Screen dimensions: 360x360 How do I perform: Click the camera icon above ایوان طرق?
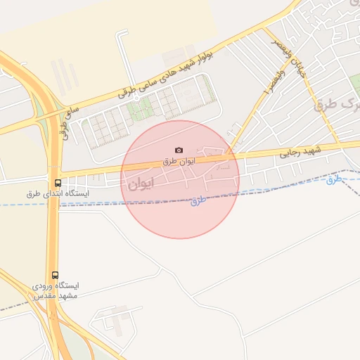179,150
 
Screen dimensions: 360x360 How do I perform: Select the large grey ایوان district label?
140,185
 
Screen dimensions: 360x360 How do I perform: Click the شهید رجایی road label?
301,151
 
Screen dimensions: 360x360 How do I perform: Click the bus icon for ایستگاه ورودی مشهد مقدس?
55,275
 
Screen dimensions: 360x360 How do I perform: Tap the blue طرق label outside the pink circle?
334,179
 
